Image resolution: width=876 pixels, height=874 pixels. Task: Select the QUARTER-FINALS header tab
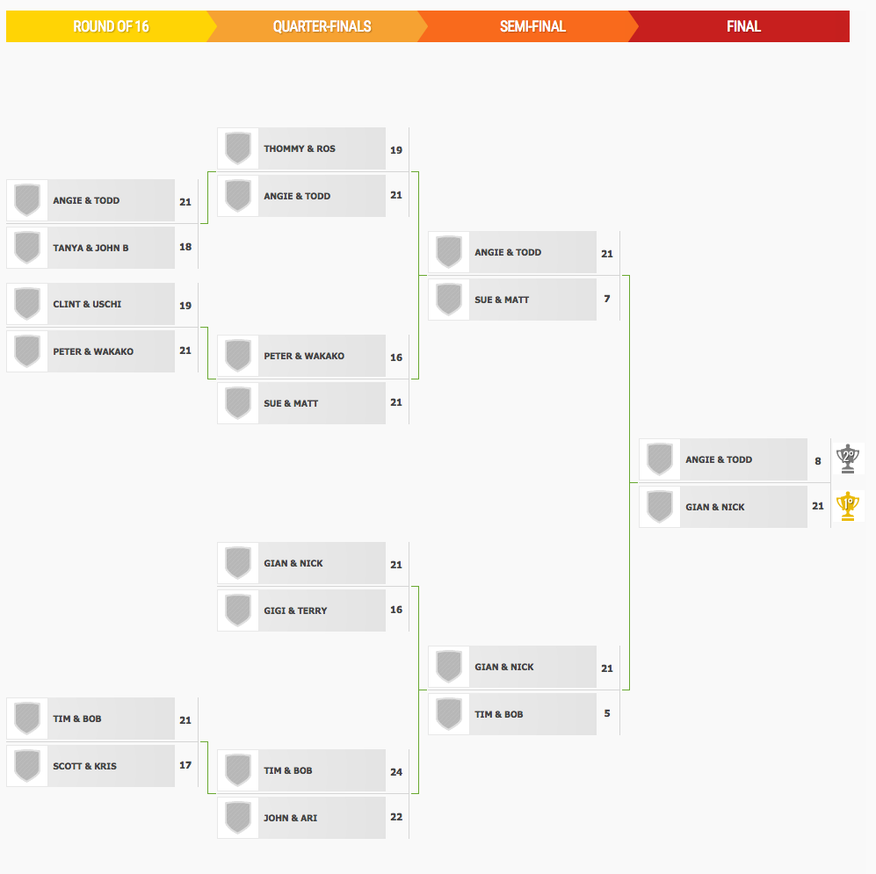point(322,26)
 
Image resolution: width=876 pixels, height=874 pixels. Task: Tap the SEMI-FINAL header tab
point(532,26)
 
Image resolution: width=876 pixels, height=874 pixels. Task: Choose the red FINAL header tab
point(743,26)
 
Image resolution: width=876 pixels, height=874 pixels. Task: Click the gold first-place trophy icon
point(848,506)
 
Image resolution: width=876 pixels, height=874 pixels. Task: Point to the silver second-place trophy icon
point(848,459)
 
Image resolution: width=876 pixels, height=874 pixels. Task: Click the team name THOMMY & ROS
point(300,148)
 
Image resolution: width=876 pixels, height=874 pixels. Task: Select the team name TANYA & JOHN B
point(90,248)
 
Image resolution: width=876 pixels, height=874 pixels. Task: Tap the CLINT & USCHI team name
point(87,305)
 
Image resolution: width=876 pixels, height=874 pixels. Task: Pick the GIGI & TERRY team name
point(295,611)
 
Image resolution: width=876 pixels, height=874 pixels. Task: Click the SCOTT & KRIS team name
point(85,766)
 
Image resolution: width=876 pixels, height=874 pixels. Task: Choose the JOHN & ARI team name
point(291,818)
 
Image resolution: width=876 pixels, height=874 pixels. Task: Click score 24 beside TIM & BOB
point(396,772)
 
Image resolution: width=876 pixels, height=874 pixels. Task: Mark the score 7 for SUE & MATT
point(607,299)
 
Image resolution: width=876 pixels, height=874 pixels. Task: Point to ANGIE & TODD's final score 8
point(818,461)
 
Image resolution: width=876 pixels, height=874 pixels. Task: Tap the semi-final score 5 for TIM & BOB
point(607,713)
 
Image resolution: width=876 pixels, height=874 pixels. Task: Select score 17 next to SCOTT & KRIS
point(185,765)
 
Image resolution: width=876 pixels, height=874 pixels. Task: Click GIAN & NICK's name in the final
point(715,507)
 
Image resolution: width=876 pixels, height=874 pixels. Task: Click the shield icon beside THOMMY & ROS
point(238,148)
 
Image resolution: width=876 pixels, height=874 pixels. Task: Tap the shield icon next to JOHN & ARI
point(238,818)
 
